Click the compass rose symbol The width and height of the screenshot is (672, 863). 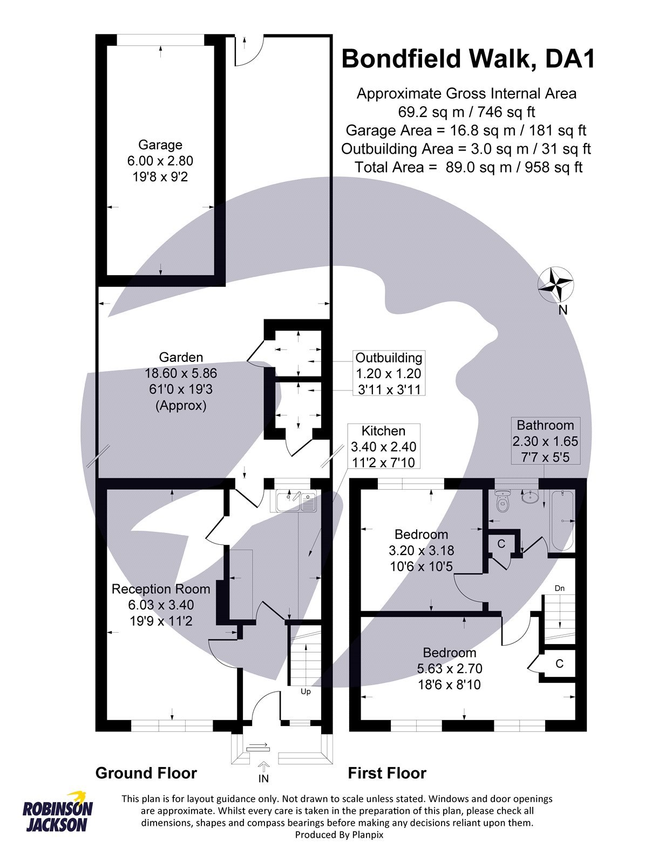click(555, 284)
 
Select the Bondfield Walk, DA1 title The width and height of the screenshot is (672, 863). click(468, 58)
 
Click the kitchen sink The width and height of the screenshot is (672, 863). click(295, 502)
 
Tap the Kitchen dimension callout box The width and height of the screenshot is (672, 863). click(383, 446)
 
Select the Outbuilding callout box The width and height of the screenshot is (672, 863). click(389, 373)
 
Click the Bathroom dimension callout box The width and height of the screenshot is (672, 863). click(545, 441)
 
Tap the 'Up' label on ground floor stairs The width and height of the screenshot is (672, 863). click(306, 691)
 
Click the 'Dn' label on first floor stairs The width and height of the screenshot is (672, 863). click(560, 588)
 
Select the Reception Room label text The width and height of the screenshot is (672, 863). click(161, 589)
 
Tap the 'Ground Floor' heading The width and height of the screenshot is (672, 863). click(146, 773)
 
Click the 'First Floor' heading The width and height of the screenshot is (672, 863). click(387, 773)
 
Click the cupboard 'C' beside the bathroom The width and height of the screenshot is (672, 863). click(501, 544)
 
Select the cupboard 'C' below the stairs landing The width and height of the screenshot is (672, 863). click(559, 663)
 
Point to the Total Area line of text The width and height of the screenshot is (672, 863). click(469, 167)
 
